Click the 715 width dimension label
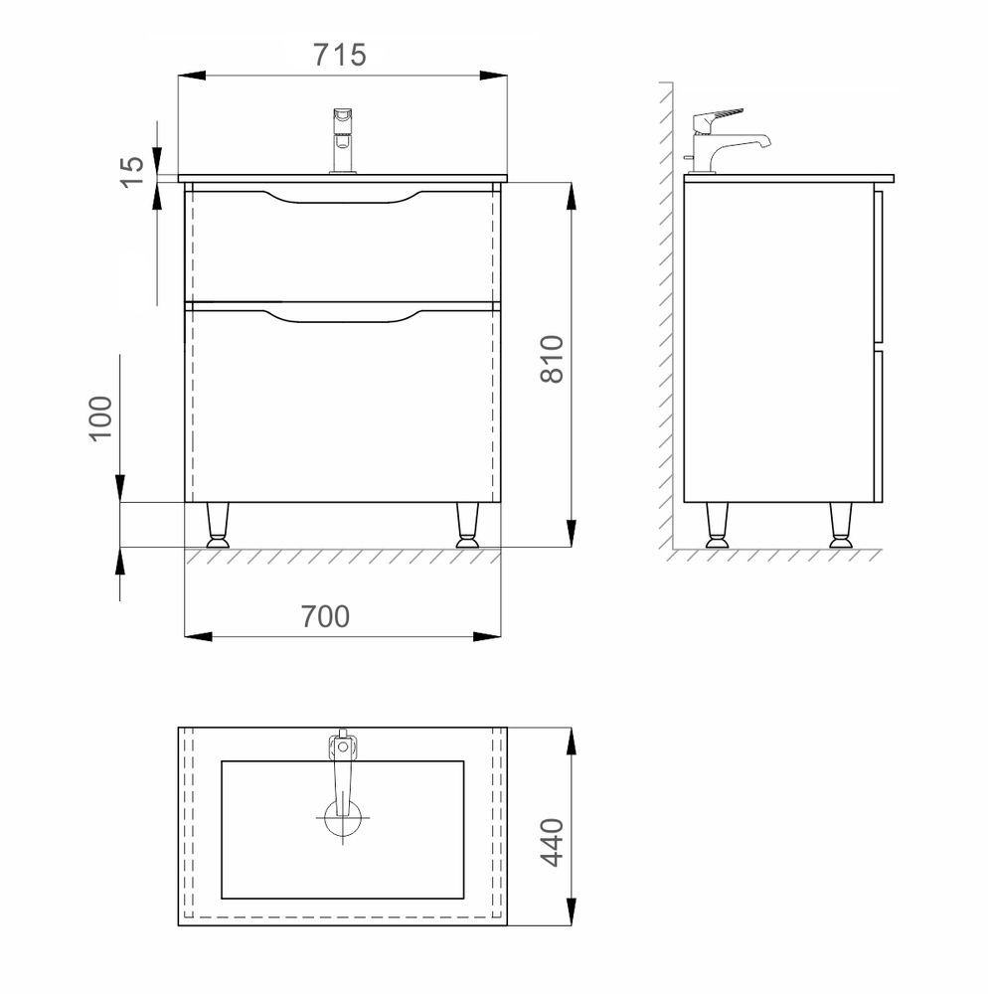[340, 55]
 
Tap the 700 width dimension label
[325, 616]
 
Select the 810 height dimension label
[552, 359]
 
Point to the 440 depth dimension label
[552, 842]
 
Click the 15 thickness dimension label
[132, 172]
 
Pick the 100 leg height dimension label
[100, 418]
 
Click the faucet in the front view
[343, 141]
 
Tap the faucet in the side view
[727, 141]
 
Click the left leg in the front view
[217, 526]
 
